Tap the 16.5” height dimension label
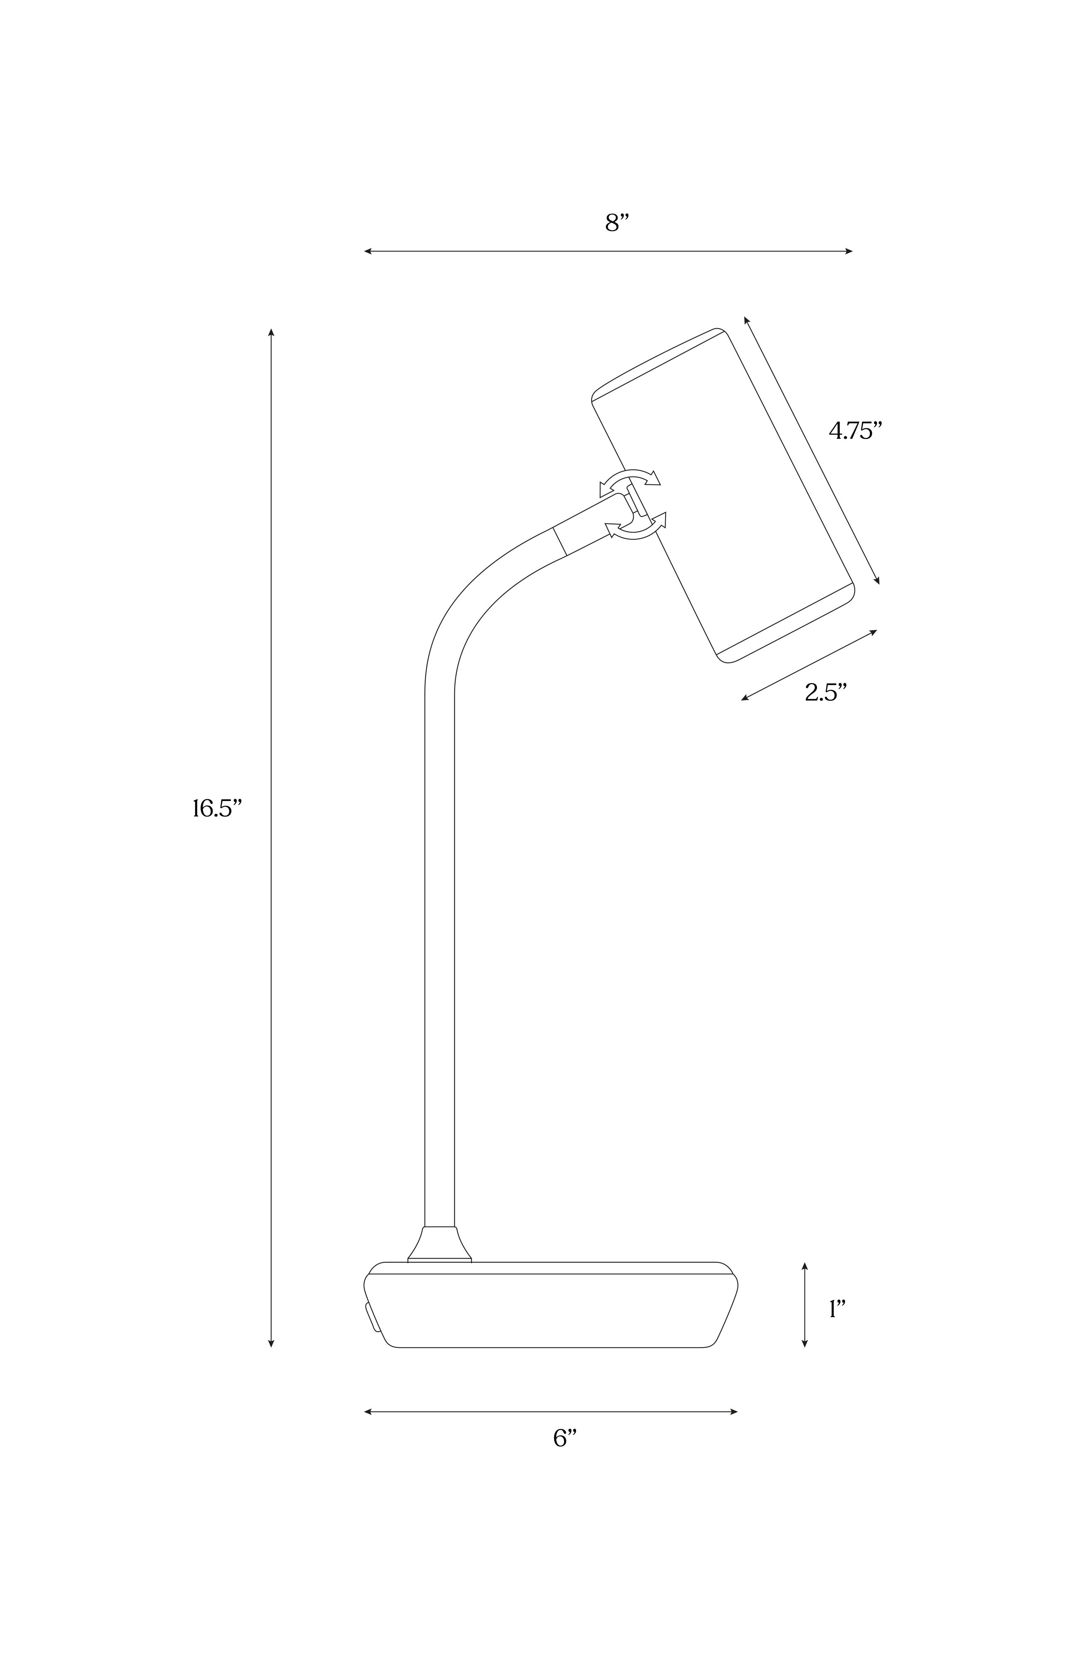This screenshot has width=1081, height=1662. (217, 809)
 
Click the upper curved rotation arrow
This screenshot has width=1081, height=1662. (629, 480)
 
